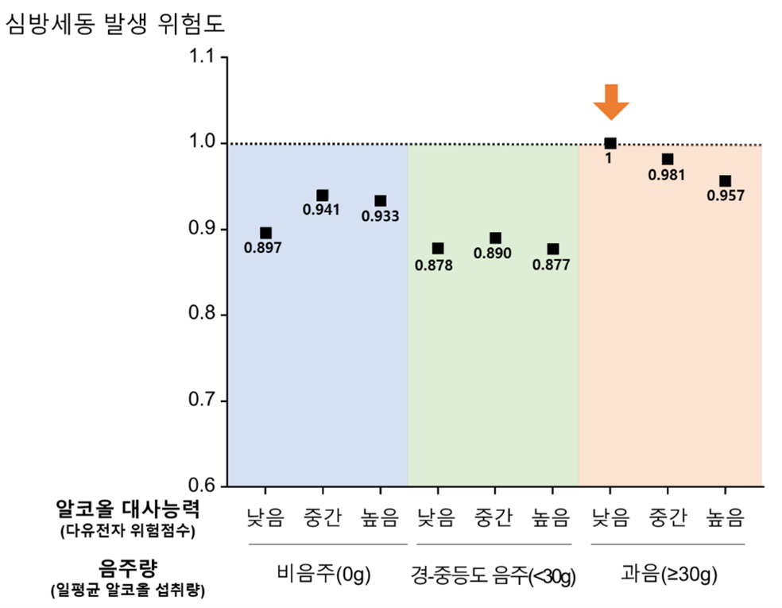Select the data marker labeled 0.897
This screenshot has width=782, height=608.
point(265,233)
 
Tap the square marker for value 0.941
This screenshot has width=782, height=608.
point(323,196)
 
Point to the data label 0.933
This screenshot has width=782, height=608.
point(381,216)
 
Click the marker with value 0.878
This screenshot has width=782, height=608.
point(438,249)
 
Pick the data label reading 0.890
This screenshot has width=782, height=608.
point(494,254)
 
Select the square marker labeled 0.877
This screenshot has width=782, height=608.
point(553,249)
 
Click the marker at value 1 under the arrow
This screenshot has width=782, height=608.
point(610,143)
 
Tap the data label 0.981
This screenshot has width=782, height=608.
point(667,176)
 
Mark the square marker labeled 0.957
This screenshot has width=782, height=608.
point(725,181)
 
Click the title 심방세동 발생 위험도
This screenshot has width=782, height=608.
point(115,24)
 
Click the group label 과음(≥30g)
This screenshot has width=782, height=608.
point(668,574)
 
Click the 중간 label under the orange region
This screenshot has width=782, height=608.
point(668,519)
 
